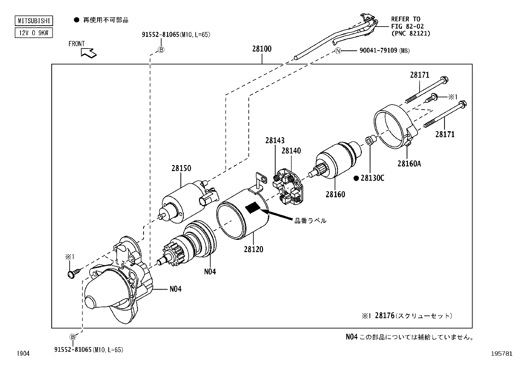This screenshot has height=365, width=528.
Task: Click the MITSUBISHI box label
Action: point(33,21)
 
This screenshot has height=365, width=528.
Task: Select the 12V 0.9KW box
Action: point(33,33)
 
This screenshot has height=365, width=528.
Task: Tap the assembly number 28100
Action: point(262,49)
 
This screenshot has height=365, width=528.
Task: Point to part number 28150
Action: point(181,168)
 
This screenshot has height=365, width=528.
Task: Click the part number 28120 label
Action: point(253,249)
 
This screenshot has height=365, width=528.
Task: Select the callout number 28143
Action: point(275,141)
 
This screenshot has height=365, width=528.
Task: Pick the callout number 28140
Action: point(291,151)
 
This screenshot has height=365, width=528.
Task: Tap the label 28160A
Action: point(409,163)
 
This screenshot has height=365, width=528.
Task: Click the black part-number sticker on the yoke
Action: point(253,208)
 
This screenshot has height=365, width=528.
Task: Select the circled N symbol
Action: point(338,51)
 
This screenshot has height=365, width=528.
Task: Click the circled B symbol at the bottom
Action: point(73,337)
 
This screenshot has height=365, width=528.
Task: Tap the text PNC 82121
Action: point(411,33)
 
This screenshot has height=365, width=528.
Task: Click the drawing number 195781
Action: point(503,354)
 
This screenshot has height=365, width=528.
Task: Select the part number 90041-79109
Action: point(378,51)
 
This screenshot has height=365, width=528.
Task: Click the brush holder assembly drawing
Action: point(288,187)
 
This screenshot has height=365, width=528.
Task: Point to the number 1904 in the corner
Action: point(23,354)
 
